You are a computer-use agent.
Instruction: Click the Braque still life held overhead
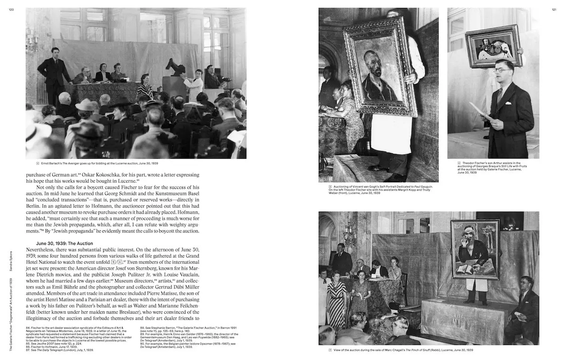[x=493, y=46]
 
